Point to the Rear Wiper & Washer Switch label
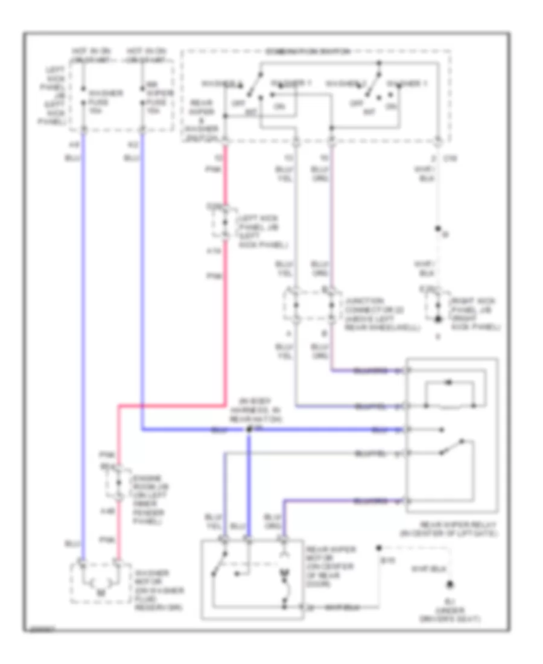[x=200, y=121]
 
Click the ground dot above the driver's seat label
[x=449, y=585]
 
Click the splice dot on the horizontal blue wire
[x=249, y=430]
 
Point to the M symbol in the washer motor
[x=100, y=590]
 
